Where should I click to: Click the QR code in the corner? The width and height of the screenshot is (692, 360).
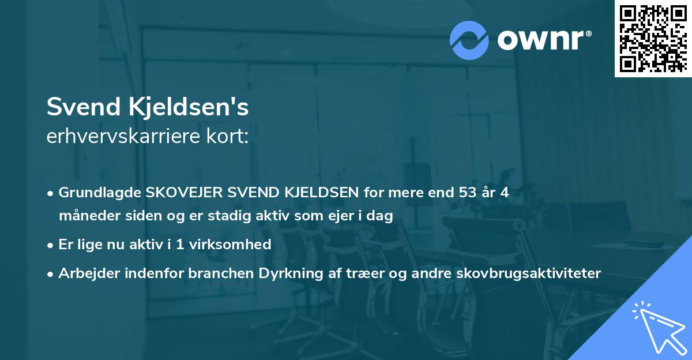tap(653, 38)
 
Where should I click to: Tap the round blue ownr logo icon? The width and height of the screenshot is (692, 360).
tap(469, 40)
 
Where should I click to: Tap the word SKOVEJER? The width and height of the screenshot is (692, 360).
tap(183, 193)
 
